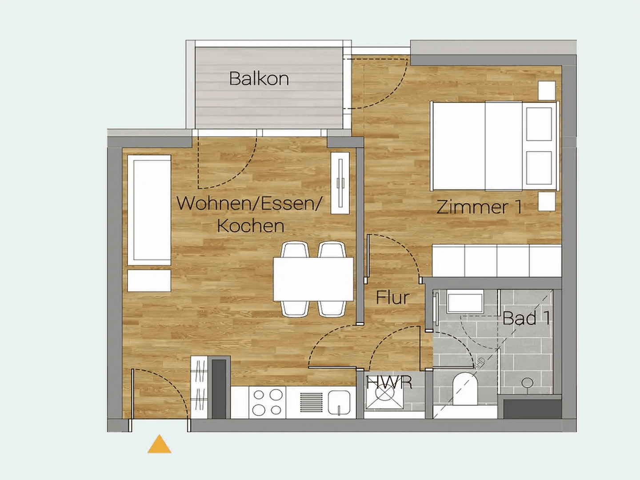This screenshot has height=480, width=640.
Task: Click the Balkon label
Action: [x=259, y=79]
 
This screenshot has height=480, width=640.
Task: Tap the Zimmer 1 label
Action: [x=479, y=207]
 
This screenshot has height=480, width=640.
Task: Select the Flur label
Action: [x=392, y=298]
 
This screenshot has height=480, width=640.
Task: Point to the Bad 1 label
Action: [x=527, y=318]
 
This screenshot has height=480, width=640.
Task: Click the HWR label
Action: [x=390, y=382]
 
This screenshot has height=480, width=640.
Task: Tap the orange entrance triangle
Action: [x=160, y=445]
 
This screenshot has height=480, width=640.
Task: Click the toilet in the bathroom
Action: [x=465, y=386]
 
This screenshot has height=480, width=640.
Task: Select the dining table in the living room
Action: [x=313, y=279]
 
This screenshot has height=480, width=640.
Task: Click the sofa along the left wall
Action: [x=149, y=210]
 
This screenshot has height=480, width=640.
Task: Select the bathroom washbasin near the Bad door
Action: [x=465, y=303]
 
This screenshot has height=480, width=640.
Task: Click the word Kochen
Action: [x=251, y=226]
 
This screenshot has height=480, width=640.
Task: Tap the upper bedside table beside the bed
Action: [x=547, y=91]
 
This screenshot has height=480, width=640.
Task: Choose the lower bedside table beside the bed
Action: [x=547, y=201]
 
